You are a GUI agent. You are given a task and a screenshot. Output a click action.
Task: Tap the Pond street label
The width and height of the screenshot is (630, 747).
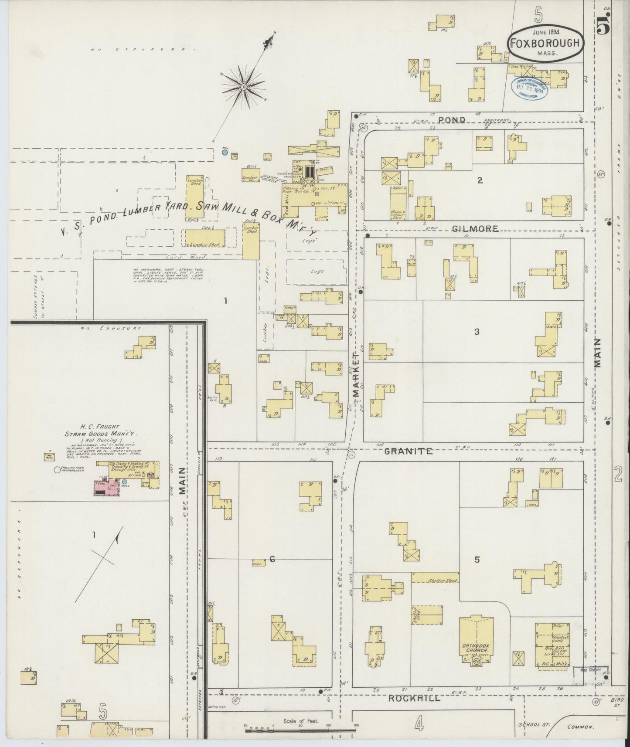point(452,119)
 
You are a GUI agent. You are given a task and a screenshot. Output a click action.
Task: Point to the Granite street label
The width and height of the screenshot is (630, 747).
point(409,451)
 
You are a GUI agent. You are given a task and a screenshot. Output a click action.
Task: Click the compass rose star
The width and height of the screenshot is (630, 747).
point(244,87)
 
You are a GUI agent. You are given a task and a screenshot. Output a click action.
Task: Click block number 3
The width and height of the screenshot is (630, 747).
point(477,332)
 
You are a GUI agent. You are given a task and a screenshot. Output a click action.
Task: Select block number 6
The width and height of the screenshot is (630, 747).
point(272,559)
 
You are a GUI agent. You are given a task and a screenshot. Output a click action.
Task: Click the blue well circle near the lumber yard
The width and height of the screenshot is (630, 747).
point(225,153)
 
